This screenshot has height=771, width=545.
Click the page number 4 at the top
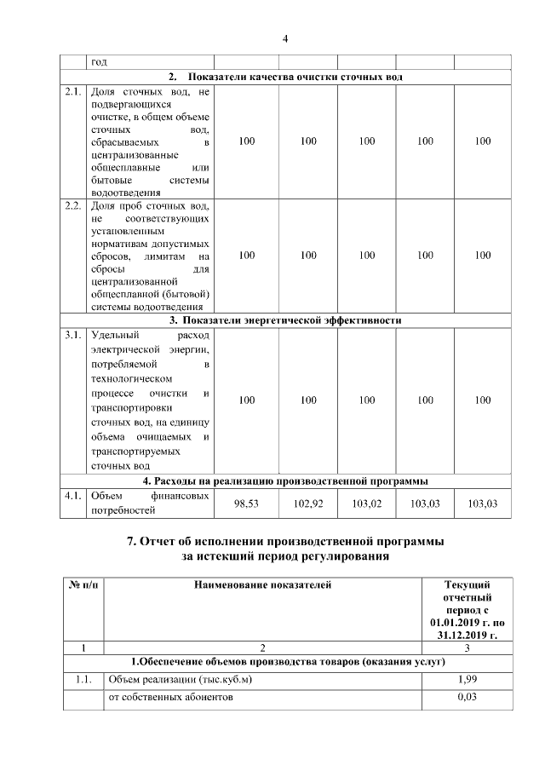tap(285, 38)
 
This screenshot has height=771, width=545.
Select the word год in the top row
tap(100, 62)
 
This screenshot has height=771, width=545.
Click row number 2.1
tap(73, 90)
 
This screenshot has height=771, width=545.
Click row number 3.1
tap(73, 335)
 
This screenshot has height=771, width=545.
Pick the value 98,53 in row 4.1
tap(246, 503)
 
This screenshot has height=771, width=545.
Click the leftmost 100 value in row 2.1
tap(246, 141)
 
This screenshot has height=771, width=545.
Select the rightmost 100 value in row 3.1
tap(483, 400)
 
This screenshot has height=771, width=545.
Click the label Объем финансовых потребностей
tap(150, 503)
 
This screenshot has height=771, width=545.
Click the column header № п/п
tap(83, 585)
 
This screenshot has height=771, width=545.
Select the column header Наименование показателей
tap(262, 585)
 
